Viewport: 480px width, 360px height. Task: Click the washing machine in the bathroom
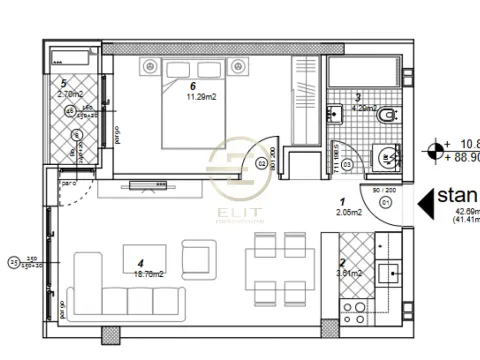pyautogui.click(x=382, y=158)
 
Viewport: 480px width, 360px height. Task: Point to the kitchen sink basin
pyautogui.click(x=393, y=270)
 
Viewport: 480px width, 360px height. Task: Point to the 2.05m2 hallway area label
pyautogui.click(x=348, y=212)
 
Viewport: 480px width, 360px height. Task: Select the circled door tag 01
pyautogui.click(x=385, y=206)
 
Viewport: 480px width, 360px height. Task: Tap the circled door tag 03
pyautogui.click(x=347, y=163)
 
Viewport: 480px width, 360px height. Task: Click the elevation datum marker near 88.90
pyautogui.click(x=434, y=152)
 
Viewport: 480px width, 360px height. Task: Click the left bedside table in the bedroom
pyautogui.click(x=151, y=67)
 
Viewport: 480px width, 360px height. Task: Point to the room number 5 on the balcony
pyautogui.click(x=63, y=83)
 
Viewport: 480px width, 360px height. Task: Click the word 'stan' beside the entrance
pyautogui.click(x=459, y=197)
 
